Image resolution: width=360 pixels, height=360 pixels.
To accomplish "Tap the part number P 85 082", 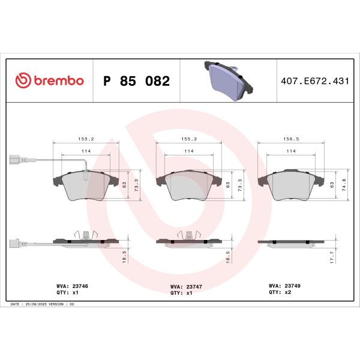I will [137, 80].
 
